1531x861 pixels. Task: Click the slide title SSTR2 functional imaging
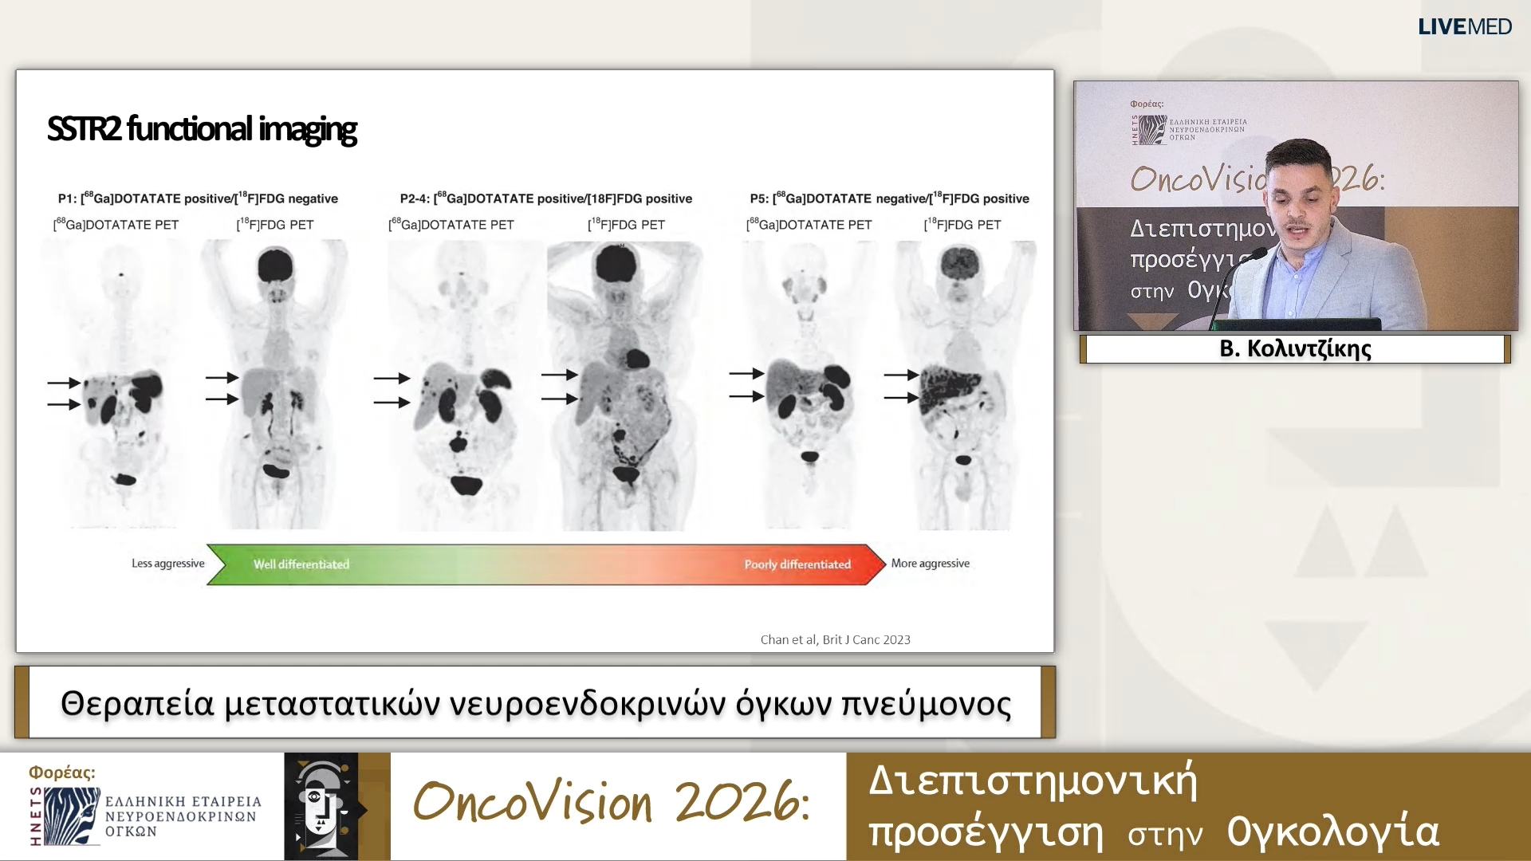coord(201,128)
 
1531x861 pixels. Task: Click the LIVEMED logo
coord(1464,26)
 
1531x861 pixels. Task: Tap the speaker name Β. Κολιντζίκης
coord(1295,348)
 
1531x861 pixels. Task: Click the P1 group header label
coord(198,199)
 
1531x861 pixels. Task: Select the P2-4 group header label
coord(545,199)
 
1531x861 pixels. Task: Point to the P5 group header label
coord(889,199)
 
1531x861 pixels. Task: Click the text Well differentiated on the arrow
coord(301,564)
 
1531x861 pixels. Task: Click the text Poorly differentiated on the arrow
coord(797,564)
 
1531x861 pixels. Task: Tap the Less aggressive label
coord(167,564)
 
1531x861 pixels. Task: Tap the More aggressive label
coord(930,564)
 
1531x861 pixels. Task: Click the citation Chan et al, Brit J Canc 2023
coord(835,639)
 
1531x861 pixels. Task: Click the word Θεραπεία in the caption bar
coord(137,704)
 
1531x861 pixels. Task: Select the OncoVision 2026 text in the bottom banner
coord(612,802)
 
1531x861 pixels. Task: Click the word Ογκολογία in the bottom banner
coord(1332,832)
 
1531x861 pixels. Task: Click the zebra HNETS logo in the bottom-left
coord(72,816)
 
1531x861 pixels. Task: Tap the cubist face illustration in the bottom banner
coord(321,807)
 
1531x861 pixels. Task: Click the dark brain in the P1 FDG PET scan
coord(275,264)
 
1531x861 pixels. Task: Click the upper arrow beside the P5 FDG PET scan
coord(902,375)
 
